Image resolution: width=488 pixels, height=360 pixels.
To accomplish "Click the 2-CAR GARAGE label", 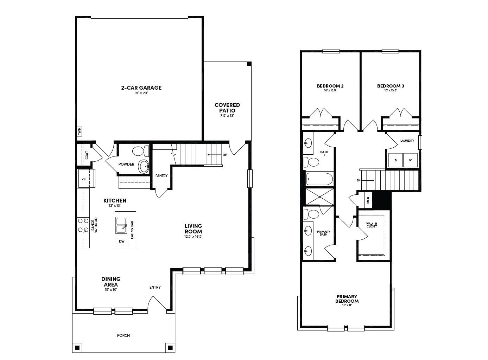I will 141,88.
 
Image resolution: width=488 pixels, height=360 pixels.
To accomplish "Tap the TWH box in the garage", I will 80,132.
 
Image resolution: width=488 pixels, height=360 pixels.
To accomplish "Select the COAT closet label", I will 87,155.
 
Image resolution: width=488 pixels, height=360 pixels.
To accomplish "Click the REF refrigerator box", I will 84,179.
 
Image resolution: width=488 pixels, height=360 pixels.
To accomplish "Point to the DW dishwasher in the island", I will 121,241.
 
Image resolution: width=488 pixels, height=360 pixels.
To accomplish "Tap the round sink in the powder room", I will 143,166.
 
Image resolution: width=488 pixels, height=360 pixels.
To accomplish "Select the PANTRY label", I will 161,176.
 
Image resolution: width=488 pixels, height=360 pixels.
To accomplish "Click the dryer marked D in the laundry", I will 395,160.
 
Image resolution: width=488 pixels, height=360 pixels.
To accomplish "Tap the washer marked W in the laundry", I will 410,160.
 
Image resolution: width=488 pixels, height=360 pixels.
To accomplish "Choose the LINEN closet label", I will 368,200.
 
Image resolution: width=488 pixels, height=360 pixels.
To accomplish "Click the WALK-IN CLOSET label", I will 371,225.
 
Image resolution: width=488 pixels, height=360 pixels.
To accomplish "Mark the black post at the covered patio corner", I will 249,64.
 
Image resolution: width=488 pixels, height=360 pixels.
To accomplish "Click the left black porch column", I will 77,348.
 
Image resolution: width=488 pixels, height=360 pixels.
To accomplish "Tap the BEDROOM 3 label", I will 391,86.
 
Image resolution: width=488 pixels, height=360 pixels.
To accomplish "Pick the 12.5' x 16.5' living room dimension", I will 193,237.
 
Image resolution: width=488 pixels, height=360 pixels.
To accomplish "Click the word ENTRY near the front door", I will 155,287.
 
